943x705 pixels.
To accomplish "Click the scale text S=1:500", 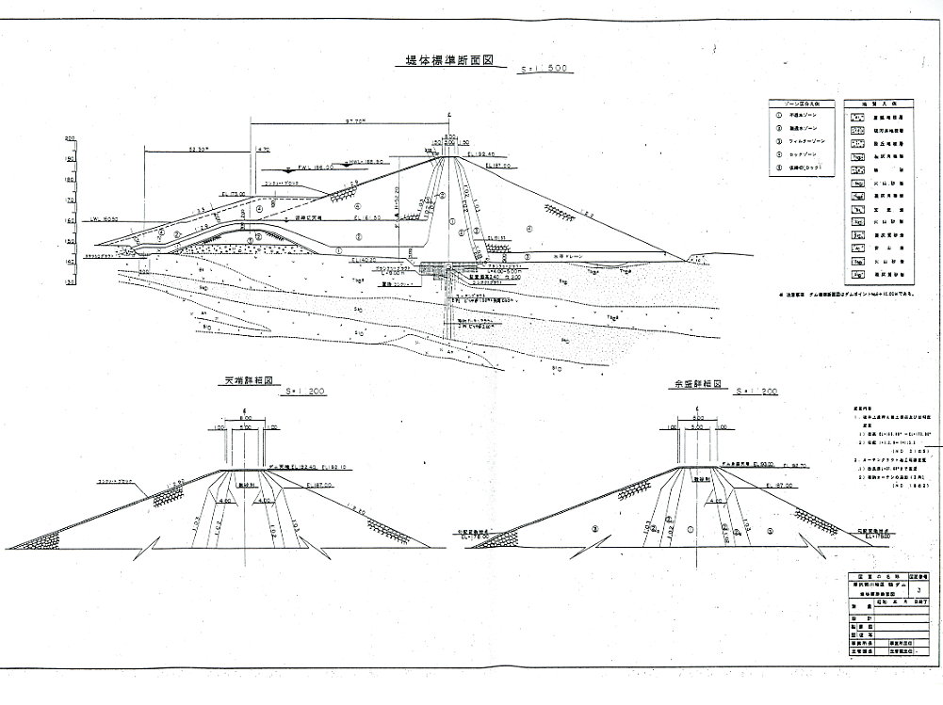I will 547,70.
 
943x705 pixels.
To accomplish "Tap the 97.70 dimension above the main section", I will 355,121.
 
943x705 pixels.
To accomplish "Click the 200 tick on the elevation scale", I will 70,138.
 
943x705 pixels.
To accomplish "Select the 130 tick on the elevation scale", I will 70,280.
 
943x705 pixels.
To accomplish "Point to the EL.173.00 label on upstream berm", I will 233,193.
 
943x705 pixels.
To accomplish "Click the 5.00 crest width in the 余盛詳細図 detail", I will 696,426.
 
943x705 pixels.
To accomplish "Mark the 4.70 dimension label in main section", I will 263,149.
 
